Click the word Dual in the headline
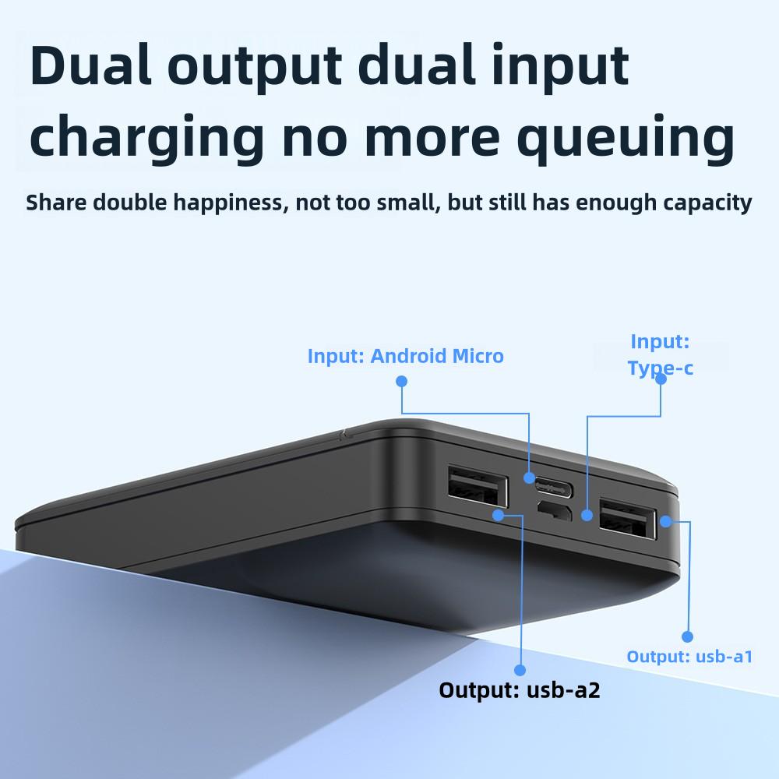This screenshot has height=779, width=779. pos(90,65)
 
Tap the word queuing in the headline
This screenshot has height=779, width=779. pos(626,139)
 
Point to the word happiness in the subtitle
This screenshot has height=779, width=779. pos(231,203)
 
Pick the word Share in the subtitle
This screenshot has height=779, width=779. pos(56,203)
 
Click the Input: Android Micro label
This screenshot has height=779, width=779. pos(405,356)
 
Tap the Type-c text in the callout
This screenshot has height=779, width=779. pos(660,368)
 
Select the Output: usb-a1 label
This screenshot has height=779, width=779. pos(689,656)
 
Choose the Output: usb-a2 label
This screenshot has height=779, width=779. pos(519,689)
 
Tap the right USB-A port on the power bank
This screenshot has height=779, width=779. pos(628,520)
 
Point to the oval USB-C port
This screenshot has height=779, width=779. pos(553,489)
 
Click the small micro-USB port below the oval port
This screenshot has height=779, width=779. pos(554,512)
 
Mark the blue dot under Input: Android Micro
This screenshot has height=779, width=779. pos(401,381)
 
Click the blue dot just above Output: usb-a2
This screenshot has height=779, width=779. pos(520,670)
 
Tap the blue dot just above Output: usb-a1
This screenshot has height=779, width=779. pos(687,636)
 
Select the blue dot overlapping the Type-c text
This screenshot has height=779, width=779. pos(661,379)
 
